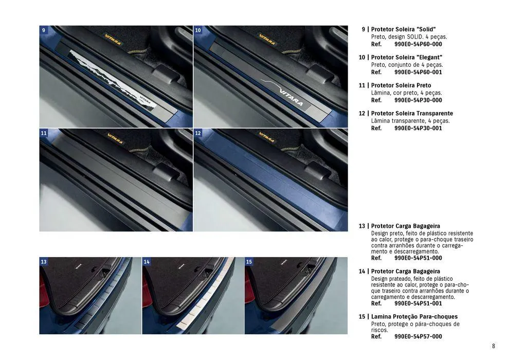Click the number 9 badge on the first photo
[x=44, y=30]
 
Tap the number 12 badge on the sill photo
[x=198, y=133]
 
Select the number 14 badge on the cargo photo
[x=147, y=262]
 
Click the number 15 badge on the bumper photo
[x=249, y=262]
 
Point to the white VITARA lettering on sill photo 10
[x=291, y=97]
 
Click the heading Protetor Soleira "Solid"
[x=404, y=29]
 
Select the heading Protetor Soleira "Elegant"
[x=407, y=57]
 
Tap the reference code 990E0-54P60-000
[x=418, y=44]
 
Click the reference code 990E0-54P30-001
[x=418, y=128]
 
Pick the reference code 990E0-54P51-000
[x=418, y=258]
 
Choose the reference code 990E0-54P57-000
[x=418, y=336]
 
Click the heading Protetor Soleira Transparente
[x=412, y=113]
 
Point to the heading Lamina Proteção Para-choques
[x=414, y=316]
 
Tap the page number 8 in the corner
[x=494, y=346]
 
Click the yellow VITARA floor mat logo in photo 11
[x=115, y=138]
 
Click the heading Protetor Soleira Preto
[x=401, y=85]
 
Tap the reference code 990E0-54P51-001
[x=418, y=303]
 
